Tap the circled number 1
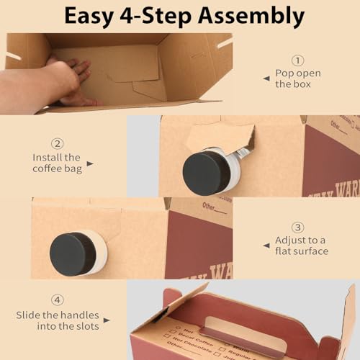pyautogui.click(x=297, y=60)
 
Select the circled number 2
pyautogui.click(x=58, y=143)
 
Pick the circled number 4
pyautogui.click(x=58, y=300)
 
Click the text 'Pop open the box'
pyautogui.click(x=297, y=78)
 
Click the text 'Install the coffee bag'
pyautogui.click(x=58, y=163)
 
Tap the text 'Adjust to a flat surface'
pyautogui.click(x=301, y=246)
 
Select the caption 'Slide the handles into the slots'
pyautogui.click(x=58, y=320)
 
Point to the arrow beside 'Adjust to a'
pyautogui.click(x=266, y=246)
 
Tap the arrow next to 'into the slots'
pyautogui.click(x=107, y=320)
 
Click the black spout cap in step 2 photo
pyautogui.click(x=207, y=173)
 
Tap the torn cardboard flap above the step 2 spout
pyautogui.click(x=219, y=137)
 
